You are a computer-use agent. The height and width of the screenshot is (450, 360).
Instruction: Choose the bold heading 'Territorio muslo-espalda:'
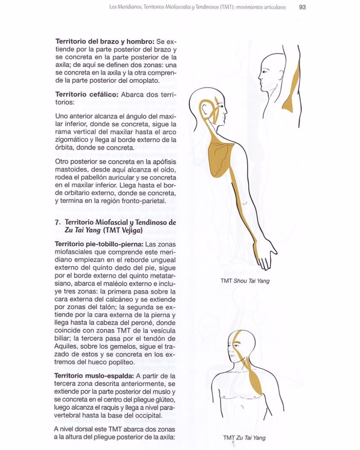pos(93,375)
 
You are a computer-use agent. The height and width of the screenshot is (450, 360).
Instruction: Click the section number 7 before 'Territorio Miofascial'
pos(57,222)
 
